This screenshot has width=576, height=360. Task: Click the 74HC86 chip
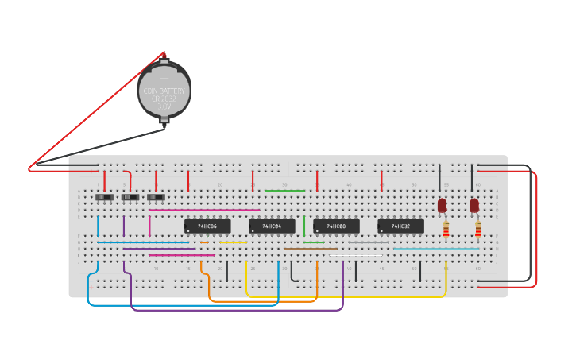(208, 226)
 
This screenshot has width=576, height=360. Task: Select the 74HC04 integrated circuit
(272, 226)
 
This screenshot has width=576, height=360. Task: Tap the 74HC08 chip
(336, 226)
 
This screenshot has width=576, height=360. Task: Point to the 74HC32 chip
(400, 226)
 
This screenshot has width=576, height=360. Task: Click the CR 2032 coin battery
(164, 91)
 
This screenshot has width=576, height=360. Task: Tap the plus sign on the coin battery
(164, 78)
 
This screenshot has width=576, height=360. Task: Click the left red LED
(443, 205)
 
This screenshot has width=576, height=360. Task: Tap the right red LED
(474, 205)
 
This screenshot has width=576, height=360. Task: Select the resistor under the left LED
(446, 230)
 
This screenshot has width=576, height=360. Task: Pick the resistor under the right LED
(478, 230)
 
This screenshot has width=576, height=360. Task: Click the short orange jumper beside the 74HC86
(205, 242)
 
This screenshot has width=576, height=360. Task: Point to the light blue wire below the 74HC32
(437, 249)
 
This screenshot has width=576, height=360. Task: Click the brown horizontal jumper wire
(311, 249)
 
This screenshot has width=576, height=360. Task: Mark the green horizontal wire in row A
(284, 191)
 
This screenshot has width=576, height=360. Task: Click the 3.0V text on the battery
(164, 106)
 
